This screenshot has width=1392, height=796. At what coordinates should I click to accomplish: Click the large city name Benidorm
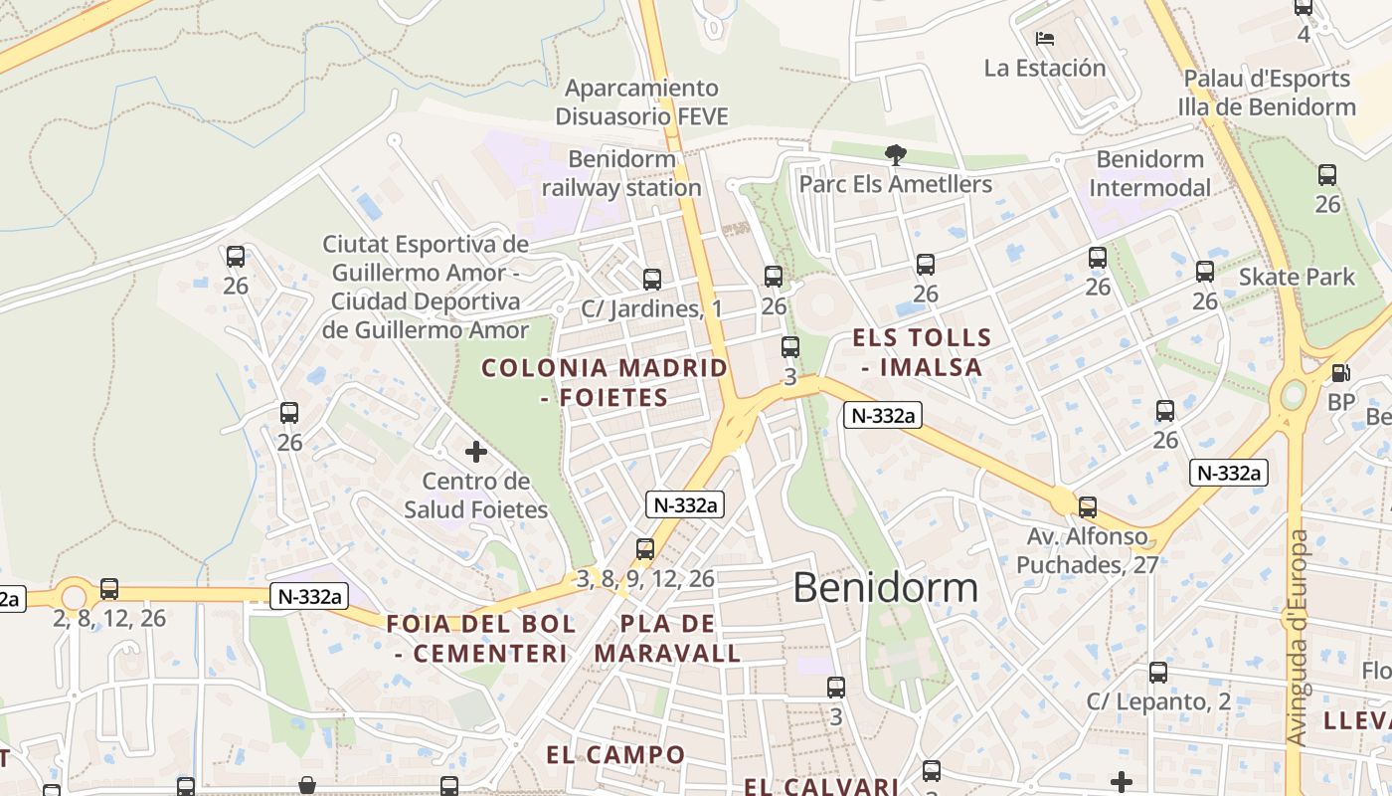click(885, 587)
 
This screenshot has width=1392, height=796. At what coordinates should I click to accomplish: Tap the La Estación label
click(1045, 68)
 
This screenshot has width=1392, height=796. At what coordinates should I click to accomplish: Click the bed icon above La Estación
click(1044, 39)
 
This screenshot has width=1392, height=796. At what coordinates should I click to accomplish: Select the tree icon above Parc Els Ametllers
click(895, 154)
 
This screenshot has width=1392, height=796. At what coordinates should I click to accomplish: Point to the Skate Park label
click(1297, 277)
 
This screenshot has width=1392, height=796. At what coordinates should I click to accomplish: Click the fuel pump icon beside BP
click(1340, 373)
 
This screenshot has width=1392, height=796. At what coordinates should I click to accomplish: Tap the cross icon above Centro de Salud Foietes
click(476, 452)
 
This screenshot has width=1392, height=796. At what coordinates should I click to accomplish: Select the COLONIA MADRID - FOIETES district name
click(605, 383)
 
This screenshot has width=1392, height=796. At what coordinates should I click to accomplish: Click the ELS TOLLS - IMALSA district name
click(922, 352)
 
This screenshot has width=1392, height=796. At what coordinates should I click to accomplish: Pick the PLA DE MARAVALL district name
click(667, 639)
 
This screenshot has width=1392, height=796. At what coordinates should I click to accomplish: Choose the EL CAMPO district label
click(615, 754)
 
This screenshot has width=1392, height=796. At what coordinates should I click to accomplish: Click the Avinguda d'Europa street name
click(1298, 637)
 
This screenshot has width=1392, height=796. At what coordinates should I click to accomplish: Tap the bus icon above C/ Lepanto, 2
click(1158, 673)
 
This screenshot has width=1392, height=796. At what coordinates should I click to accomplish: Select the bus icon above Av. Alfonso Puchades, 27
click(1088, 507)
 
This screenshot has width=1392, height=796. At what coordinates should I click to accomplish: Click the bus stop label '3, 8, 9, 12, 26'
click(645, 578)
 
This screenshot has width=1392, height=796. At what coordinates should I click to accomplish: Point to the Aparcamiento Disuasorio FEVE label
click(641, 102)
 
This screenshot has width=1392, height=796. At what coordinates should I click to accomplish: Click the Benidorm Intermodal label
click(1149, 173)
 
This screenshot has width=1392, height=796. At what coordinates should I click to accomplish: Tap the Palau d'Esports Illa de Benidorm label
click(1267, 93)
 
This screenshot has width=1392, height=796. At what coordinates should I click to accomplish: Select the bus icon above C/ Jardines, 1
click(652, 280)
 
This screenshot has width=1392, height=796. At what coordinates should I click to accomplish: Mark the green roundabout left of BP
click(1293, 395)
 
